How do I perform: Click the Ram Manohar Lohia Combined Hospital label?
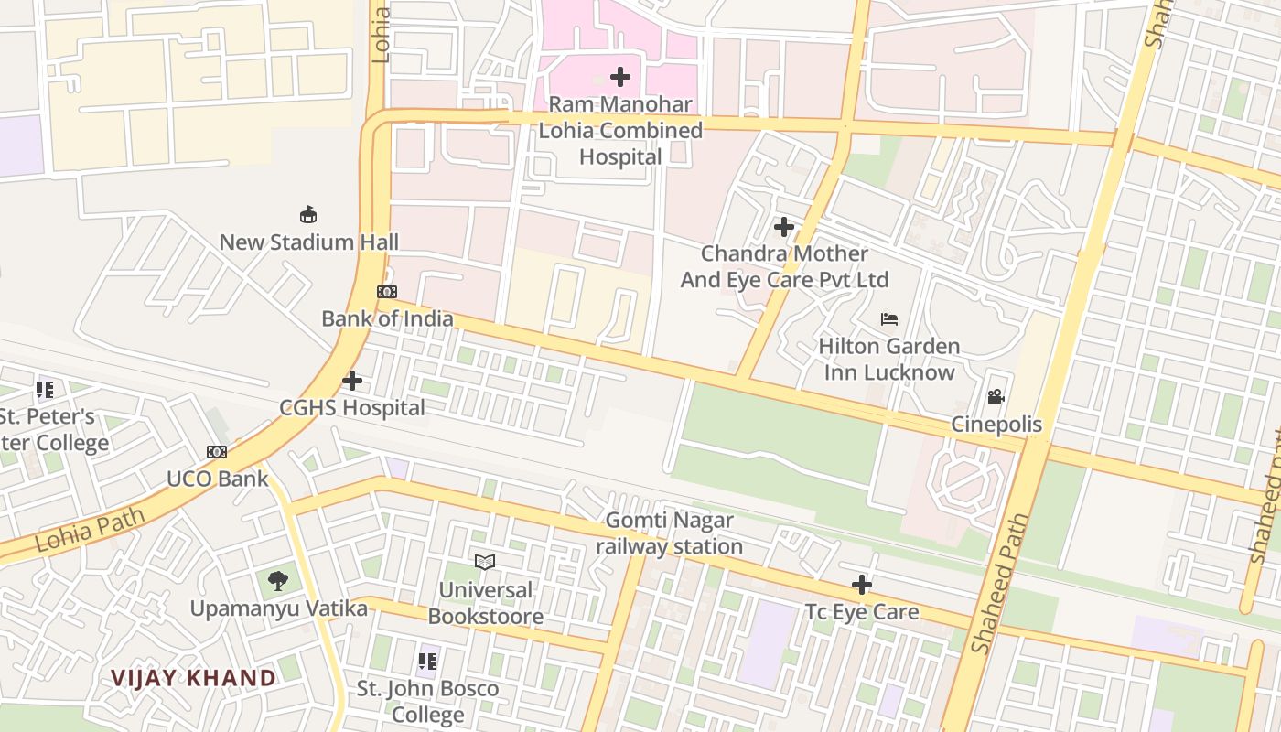coord(619,131)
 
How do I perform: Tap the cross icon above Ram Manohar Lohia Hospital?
coord(620,77)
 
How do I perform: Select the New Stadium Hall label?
coord(309,242)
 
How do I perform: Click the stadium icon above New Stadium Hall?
coord(309,215)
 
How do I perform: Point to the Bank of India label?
coord(387,318)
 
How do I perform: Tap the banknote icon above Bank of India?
coord(387,292)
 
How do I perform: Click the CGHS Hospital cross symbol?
coord(352,381)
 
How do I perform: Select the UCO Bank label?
coord(217,479)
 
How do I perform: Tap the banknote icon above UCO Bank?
coord(217,452)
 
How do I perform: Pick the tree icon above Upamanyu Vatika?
coord(278,580)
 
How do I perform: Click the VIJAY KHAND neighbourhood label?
coord(193,678)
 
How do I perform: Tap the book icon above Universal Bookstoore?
coord(485,562)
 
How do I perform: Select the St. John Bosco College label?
coord(427,701)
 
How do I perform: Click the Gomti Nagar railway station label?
coord(669,534)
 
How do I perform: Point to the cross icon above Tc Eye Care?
coord(861,585)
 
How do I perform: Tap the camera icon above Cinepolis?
coord(996,397)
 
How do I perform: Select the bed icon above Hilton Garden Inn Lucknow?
coord(888,319)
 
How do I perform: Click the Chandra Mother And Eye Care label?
coord(784,266)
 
